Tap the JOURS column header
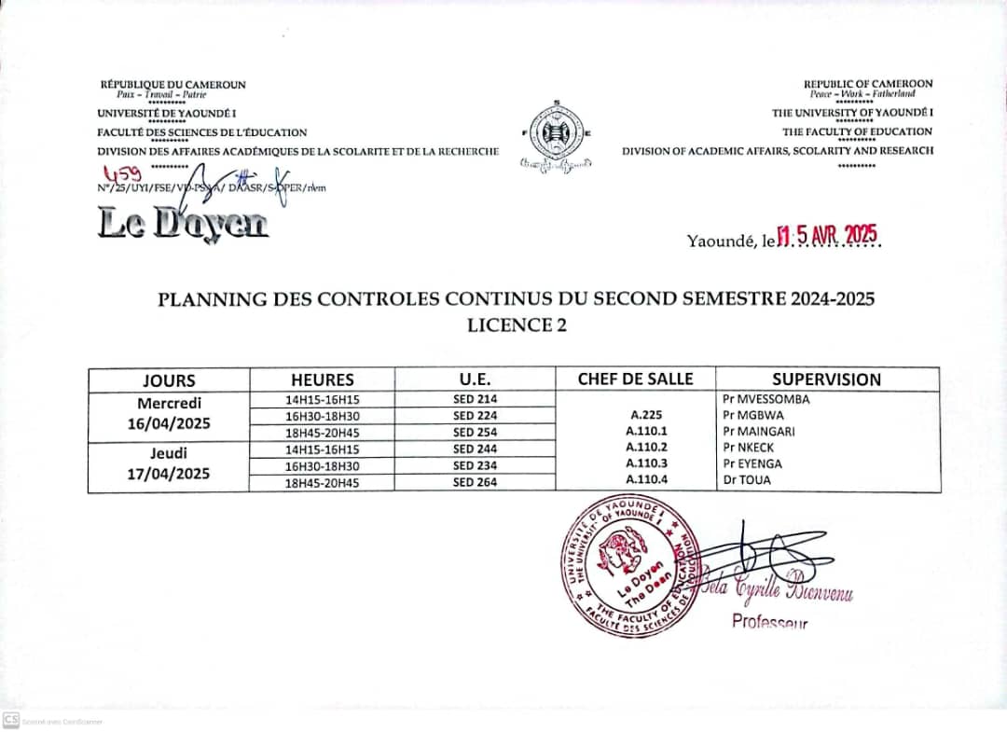pyautogui.click(x=169, y=380)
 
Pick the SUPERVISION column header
pyautogui.click(x=826, y=380)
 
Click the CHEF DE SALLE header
pyautogui.click(x=636, y=379)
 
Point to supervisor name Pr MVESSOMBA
pyautogui.click(x=766, y=399)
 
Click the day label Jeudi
pyautogui.click(x=169, y=453)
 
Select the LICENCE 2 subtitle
pyautogui.click(x=517, y=325)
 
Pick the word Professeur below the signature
pyautogui.click(x=769, y=622)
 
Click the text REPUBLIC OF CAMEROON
pyautogui.click(x=867, y=84)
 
